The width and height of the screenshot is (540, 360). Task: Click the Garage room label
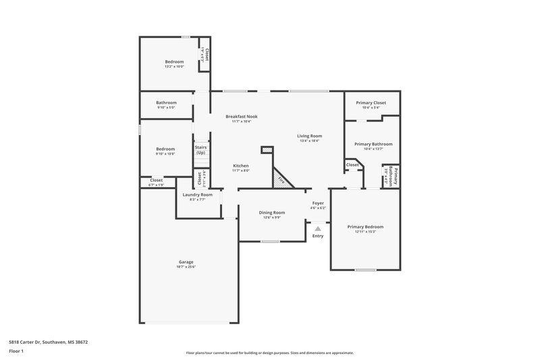(186, 262)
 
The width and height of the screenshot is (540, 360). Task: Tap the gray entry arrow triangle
(317, 229)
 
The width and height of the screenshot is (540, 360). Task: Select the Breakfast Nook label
(241, 116)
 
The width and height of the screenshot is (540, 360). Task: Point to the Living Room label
(309, 136)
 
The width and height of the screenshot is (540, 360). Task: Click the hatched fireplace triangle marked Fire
(281, 180)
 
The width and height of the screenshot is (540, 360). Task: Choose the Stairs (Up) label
(200, 150)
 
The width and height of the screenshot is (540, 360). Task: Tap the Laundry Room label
(196, 195)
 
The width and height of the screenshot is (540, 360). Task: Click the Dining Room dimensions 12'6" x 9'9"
(272, 217)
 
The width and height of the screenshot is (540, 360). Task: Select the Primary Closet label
(370, 103)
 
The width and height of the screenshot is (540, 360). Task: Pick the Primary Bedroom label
(365, 226)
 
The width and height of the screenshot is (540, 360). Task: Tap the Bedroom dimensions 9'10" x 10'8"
(165, 154)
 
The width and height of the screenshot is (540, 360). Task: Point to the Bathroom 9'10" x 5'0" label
(166, 103)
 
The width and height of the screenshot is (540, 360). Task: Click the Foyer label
(318, 203)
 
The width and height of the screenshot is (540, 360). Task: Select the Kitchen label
(241, 165)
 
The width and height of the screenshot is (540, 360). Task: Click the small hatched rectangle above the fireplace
(267, 150)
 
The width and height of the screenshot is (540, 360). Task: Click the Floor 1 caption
(16, 351)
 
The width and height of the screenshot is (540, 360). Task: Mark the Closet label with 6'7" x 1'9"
(156, 180)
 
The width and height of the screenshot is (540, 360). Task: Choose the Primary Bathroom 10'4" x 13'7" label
(373, 144)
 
